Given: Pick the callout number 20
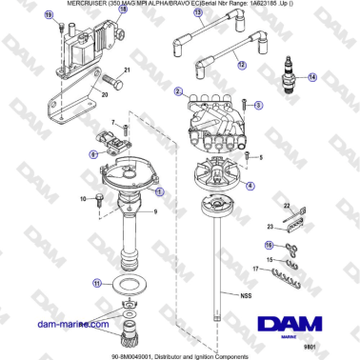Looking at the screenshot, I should pos(104,95).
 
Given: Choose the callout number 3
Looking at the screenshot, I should pos(256,109).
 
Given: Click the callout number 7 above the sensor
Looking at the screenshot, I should pos(111,123).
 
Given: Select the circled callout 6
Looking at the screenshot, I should pos(93,152).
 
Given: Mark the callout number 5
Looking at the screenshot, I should pos(260,155).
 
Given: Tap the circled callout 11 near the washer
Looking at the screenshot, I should pos(95,283).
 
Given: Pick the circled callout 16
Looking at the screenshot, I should pos(270,246).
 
